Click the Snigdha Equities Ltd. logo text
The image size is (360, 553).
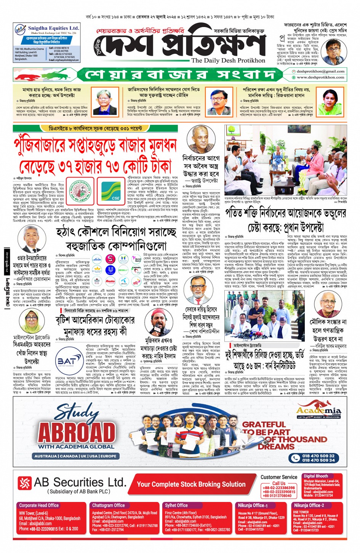[53, 28]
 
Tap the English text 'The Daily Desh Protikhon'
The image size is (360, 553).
[228, 61]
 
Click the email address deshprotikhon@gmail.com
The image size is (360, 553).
[320, 71]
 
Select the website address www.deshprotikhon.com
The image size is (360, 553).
[320, 77]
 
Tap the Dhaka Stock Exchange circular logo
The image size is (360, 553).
[80, 191]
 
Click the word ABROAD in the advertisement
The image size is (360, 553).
[77, 432]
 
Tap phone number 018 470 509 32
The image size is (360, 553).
[318, 456]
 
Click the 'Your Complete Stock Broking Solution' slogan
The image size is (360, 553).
[191, 484]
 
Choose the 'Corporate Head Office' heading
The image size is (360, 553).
[39, 505]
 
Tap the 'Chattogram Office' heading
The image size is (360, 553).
[108, 505]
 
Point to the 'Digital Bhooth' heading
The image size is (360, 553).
[316, 476]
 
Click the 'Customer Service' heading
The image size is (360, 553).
[279, 477]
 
